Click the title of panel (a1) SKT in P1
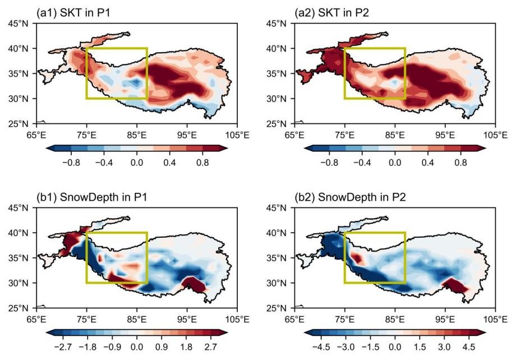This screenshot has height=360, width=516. point(73,12)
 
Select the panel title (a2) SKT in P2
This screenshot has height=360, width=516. point(331,12)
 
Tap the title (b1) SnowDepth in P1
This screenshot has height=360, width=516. point(91,197)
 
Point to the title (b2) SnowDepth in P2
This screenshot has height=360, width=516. point(350,197)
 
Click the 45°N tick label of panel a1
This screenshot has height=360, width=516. point(18,24)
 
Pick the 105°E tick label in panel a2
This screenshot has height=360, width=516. point(495,135)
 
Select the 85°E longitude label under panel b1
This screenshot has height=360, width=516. point(137,319)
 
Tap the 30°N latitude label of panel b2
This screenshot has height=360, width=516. point(277,283)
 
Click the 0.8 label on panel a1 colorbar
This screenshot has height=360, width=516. point(202,163)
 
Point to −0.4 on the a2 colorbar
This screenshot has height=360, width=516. point(362,163)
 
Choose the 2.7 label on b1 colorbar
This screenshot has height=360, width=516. point(211,347)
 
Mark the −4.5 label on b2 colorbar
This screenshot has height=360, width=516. point(321,347)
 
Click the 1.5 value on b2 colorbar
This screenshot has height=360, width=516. point(420,347)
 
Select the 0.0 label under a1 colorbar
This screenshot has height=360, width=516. point(137,163)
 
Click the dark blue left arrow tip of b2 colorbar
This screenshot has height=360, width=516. point(305,333)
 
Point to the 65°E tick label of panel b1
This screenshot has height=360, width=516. point(36,319)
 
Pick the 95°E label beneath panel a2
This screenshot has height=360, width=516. point(445,135)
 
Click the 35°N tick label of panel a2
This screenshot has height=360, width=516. point(277,73)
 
